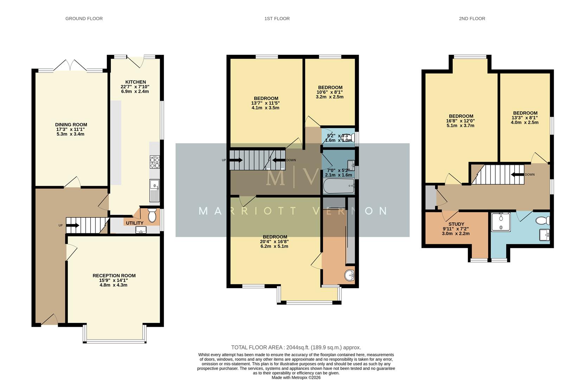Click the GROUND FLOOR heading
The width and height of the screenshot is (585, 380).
(84, 19)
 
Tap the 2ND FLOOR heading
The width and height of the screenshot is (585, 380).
(472, 19)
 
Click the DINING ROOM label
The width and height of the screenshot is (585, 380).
(71, 125)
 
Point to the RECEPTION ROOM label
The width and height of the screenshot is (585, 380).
(114, 275)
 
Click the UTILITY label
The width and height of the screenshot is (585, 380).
(134, 223)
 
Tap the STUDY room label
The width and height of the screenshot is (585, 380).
(456, 224)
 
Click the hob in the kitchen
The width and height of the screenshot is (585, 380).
(154, 163)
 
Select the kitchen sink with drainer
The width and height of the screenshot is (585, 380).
(154, 190)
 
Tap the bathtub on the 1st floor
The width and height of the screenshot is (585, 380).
(338, 186)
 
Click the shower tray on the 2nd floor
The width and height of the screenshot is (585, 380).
(501, 222)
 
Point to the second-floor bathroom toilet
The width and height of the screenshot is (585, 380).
(542, 221)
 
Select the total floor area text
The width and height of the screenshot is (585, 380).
(296, 347)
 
